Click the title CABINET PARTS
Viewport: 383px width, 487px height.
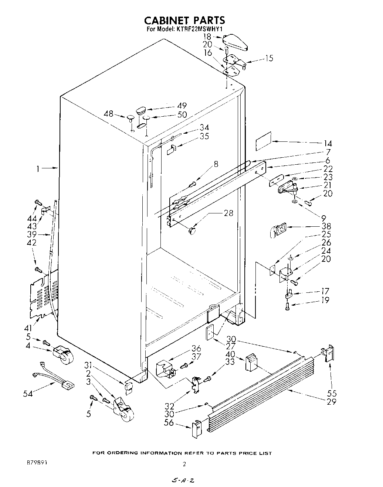(184, 20)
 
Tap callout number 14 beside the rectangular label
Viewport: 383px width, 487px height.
(327, 144)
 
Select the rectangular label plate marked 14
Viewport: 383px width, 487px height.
(263, 142)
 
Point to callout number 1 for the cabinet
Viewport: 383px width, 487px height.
(38, 169)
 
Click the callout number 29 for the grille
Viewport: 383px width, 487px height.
(331, 401)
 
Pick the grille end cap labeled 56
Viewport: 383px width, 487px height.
(196, 429)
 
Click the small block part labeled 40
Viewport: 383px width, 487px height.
(251, 362)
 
